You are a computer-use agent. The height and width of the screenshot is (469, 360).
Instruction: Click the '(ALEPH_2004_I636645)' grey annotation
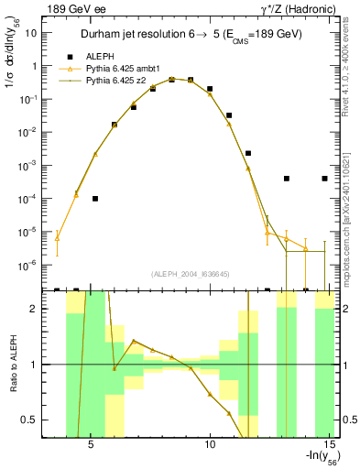click(x=191, y=273)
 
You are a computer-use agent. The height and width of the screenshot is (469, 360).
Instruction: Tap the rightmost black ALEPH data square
click(x=325, y=179)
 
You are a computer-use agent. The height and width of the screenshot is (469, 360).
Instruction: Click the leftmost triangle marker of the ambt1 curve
click(x=58, y=238)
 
